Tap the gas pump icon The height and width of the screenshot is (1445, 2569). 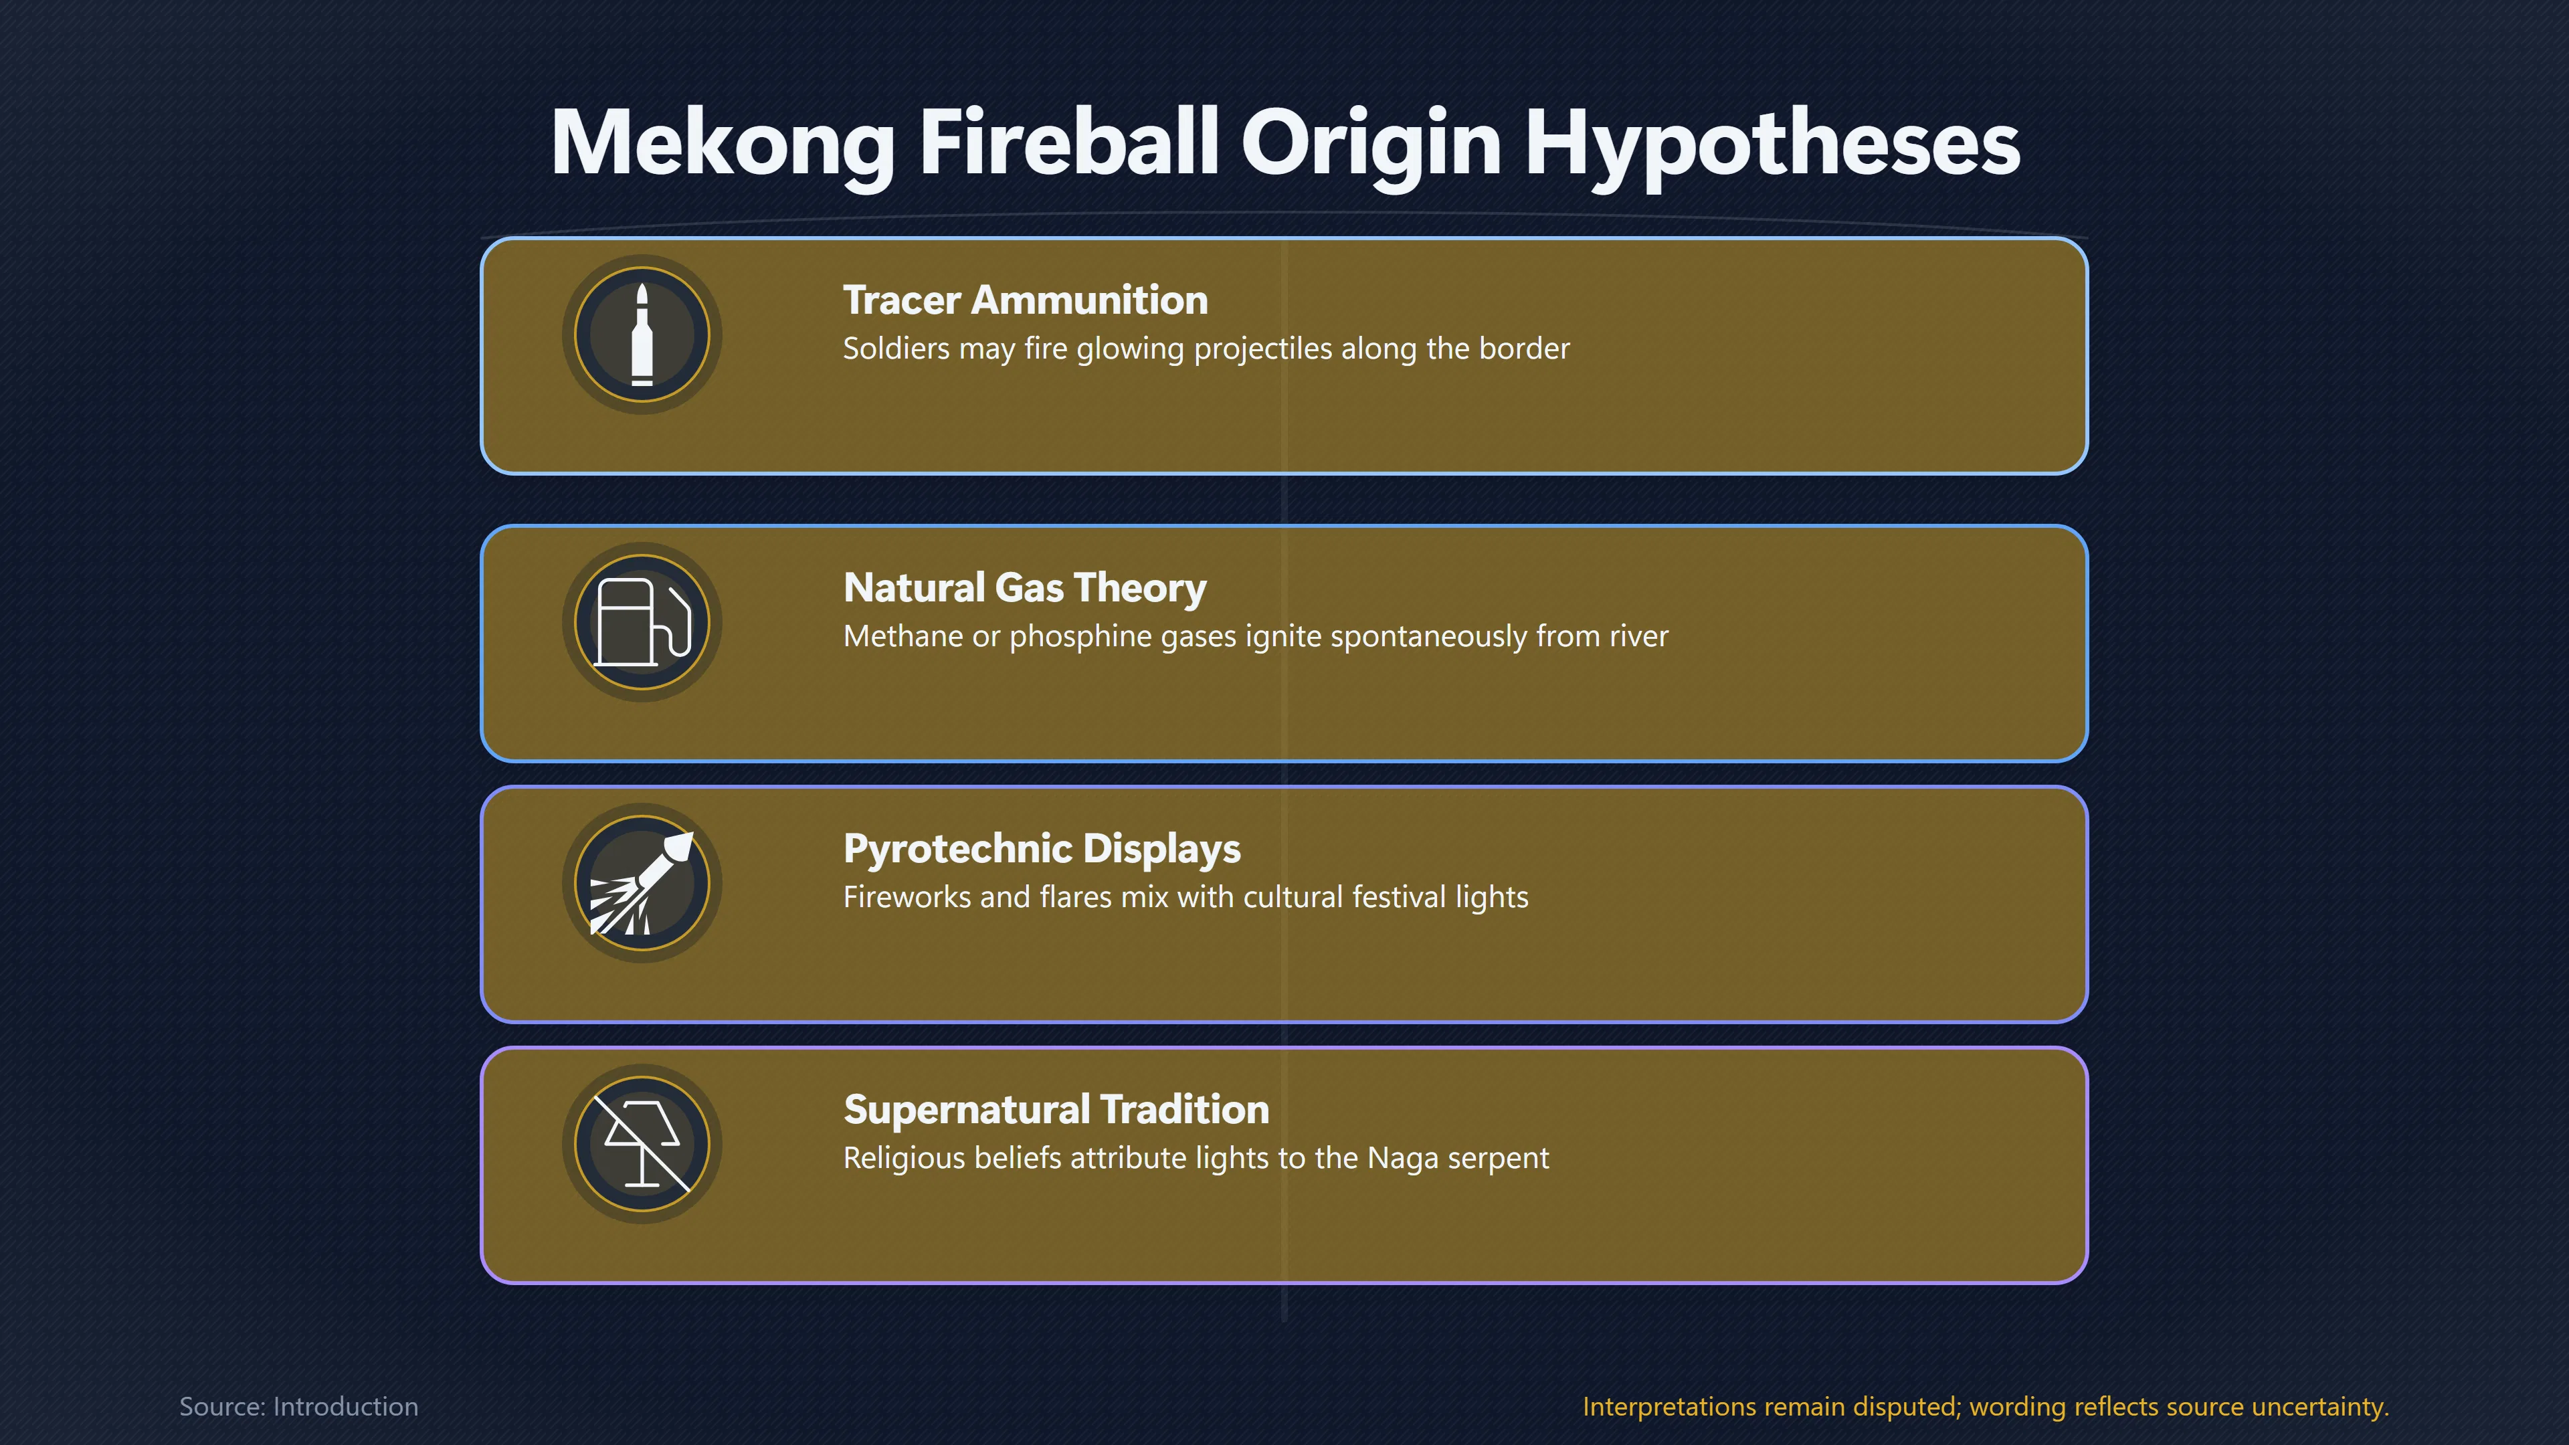tap(642, 621)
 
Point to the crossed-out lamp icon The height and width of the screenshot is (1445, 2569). tap(642, 1144)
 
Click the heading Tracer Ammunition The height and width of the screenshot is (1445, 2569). tap(1025, 300)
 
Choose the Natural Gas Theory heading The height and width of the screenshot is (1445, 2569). tap(1025, 589)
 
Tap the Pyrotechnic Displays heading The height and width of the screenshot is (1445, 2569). tap(1042, 850)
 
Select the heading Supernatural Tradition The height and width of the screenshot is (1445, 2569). tap(1056, 1110)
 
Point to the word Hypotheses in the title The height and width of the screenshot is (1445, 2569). tap(1772, 144)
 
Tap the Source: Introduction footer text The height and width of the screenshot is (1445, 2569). tap(299, 1406)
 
